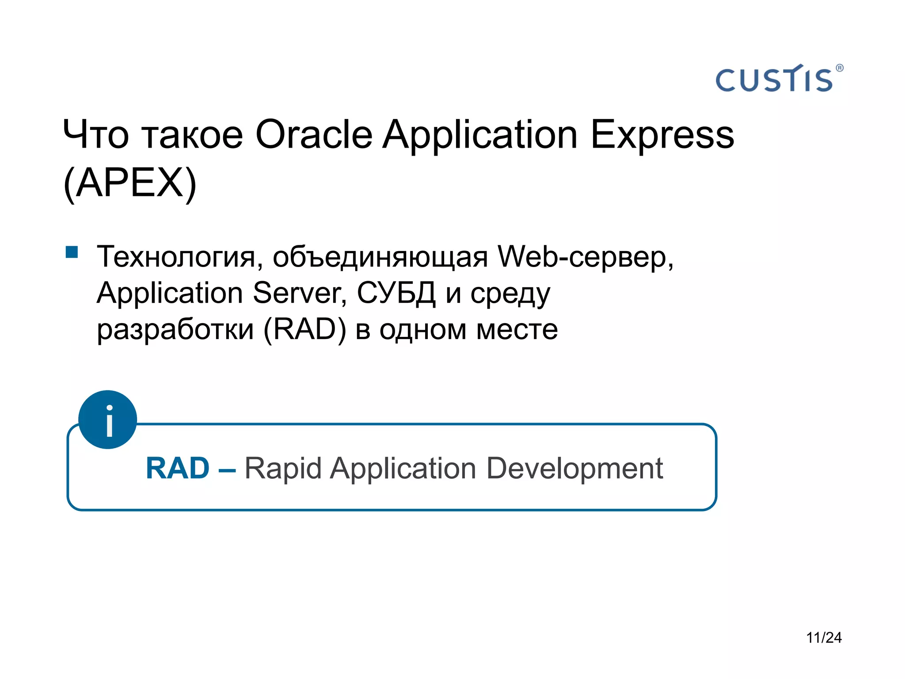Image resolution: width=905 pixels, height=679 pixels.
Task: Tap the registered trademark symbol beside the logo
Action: tap(840, 68)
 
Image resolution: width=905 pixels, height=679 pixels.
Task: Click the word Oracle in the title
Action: tap(314, 134)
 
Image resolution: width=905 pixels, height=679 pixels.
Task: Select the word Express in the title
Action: tap(662, 135)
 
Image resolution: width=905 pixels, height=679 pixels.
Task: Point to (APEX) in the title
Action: tap(130, 183)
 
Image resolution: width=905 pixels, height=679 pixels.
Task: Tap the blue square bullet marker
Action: tap(72, 252)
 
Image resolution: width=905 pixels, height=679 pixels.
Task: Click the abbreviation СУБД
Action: tap(396, 293)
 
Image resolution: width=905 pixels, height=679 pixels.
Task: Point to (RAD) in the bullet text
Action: tap(305, 329)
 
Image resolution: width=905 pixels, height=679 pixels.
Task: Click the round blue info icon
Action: tap(108, 420)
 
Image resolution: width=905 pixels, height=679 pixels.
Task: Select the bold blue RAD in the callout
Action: tap(178, 468)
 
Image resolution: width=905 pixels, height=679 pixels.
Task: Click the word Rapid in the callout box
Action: tap(283, 469)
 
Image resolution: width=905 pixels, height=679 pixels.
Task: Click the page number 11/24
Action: tap(824, 637)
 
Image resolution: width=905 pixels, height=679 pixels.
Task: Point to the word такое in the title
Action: tap(193, 134)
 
